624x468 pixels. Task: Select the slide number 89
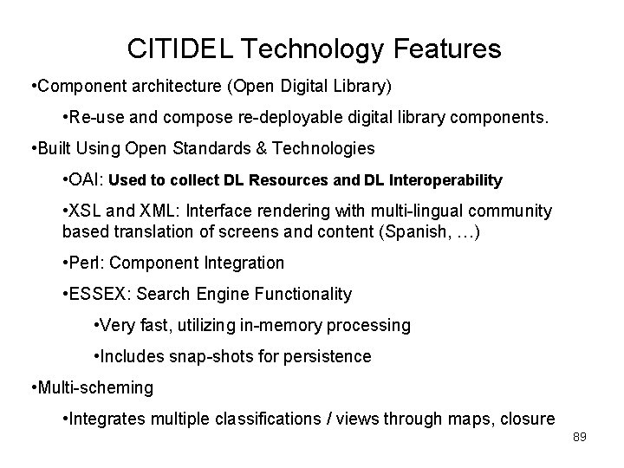[580, 438]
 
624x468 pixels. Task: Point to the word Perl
[87, 262]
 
